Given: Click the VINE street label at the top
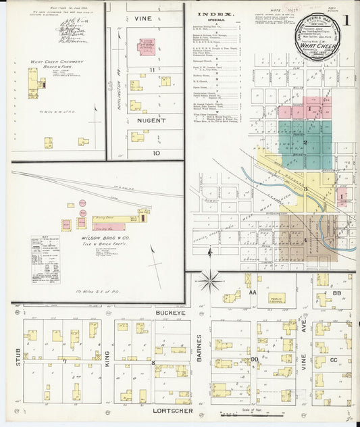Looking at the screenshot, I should [x=143, y=19].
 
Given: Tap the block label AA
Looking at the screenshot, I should [x=253, y=292].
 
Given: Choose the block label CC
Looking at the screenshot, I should [x=332, y=360].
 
